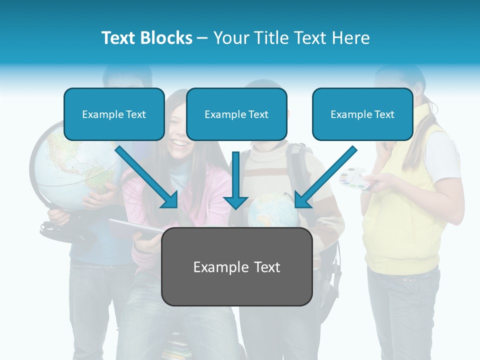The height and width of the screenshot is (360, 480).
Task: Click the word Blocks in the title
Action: point(165,38)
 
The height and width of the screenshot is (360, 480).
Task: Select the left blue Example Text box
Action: point(114,114)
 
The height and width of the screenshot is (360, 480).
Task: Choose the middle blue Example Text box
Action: point(236,114)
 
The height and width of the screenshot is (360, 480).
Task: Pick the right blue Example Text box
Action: point(362,114)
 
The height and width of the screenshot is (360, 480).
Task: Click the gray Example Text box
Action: point(236,267)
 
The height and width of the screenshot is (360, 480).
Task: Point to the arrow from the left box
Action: point(147,177)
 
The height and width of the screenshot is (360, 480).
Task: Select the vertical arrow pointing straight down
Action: point(235,180)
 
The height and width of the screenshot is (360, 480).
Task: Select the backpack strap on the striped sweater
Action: point(298,170)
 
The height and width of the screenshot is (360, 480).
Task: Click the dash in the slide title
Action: point(202,38)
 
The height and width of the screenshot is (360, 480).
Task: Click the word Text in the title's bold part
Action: point(118,38)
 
